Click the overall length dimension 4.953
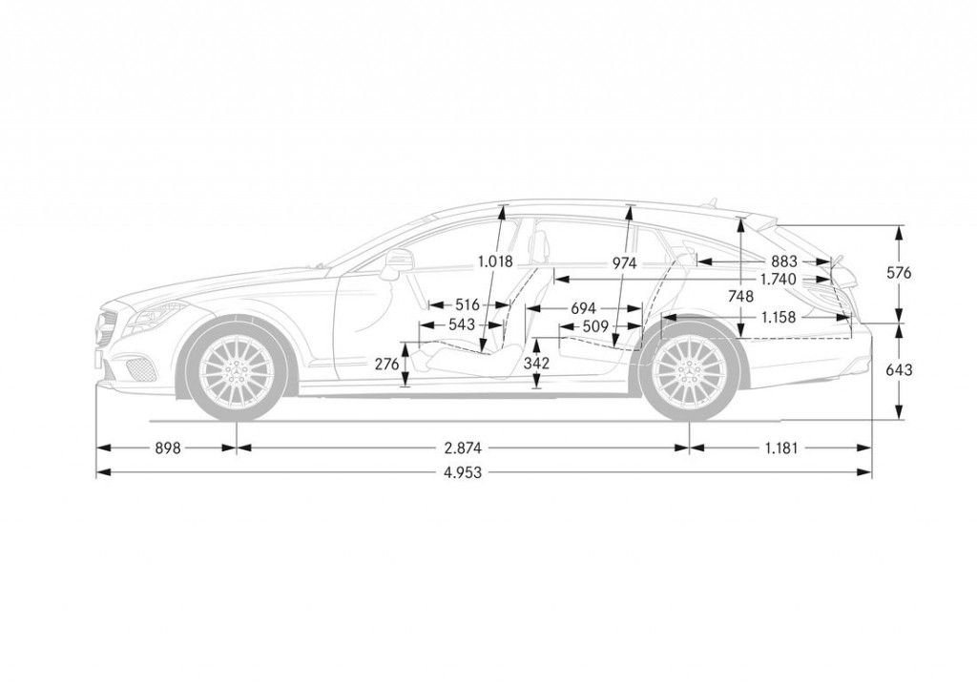point(462,471)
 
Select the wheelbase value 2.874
point(462,447)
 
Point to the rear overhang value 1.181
point(780,447)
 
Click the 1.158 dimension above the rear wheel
point(779,317)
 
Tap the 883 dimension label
point(784,261)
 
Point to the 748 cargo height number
point(740,297)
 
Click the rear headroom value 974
point(625,262)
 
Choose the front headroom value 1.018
point(496,261)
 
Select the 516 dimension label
point(467,305)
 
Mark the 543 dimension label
point(461,325)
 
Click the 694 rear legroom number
point(583,309)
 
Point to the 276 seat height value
point(386,364)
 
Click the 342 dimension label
point(537,364)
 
